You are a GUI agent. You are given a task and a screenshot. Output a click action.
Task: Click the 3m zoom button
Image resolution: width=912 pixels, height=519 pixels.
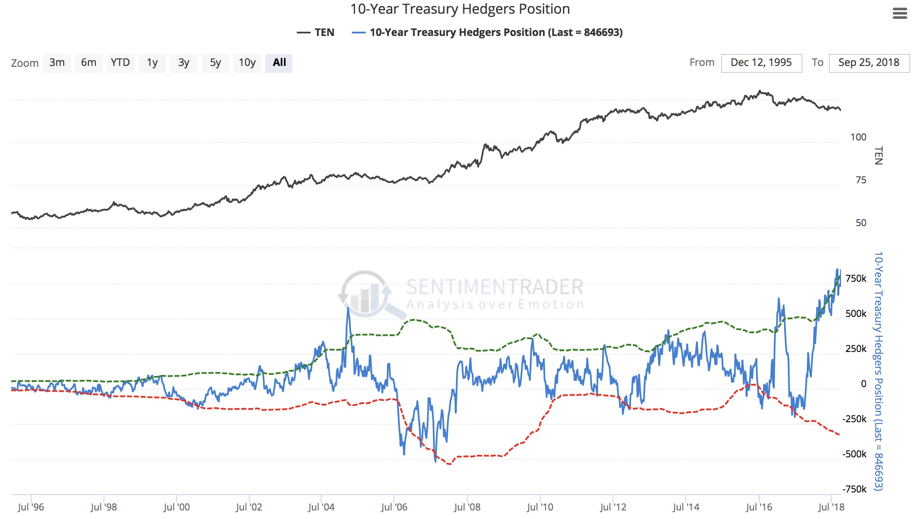pos(57,63)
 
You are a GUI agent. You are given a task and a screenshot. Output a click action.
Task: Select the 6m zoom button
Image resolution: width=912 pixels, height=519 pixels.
pos(89,63)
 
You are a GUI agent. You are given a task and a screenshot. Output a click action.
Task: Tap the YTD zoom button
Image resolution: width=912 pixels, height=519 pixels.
pos(120,63)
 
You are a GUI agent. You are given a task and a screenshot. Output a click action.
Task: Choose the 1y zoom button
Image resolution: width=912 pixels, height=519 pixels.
pos(152,63)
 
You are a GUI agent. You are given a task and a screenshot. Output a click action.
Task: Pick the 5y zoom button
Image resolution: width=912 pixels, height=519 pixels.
pos(215,63)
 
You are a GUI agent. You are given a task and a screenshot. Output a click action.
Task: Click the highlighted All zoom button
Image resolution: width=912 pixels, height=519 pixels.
pos(279,63)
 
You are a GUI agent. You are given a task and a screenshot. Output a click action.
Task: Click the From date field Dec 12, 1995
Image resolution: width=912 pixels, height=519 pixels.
pos(761,63)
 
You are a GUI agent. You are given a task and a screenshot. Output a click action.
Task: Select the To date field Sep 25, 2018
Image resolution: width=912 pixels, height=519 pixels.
pos(869,63)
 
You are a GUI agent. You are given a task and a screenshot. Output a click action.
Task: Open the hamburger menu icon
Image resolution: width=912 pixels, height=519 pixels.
pos(900,14)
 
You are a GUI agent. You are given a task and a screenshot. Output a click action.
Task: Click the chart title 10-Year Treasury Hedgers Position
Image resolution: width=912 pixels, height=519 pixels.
pos(460,9)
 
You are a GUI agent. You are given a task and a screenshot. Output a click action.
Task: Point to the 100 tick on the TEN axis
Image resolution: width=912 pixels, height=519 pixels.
pos(858,137)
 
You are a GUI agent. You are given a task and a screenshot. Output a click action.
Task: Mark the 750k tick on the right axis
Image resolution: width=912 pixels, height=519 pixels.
pos(856,278)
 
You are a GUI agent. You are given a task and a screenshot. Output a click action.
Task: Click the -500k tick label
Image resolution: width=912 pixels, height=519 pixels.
pos(854,454)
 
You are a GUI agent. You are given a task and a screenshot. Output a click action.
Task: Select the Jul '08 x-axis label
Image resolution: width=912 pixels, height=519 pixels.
pos(467,507)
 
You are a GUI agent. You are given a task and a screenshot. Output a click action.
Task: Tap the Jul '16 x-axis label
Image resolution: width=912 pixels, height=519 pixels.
pos(759,507)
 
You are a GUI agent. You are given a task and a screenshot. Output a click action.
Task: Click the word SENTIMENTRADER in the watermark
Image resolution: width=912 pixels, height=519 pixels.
pos(494,287)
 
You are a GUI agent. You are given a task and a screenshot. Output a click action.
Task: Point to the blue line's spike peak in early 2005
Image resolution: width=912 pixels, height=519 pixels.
pos(348,308)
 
